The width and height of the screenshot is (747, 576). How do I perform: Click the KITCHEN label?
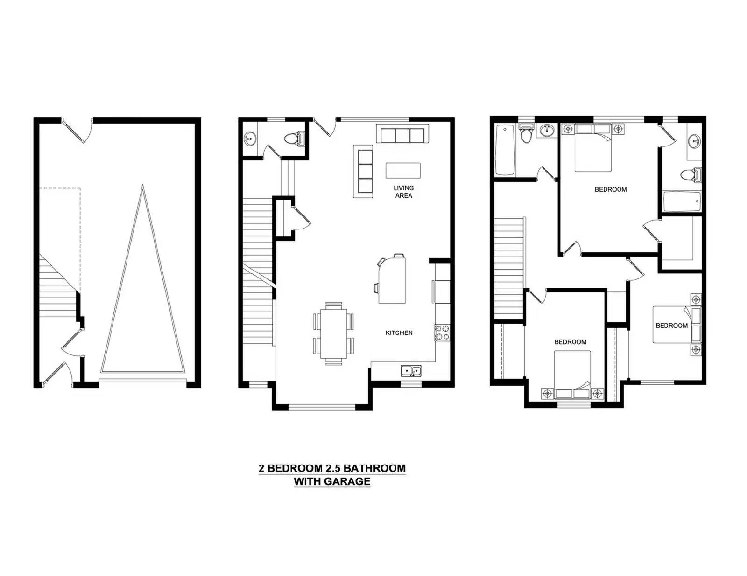point(399,333)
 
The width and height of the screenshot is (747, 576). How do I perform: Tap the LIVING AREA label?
point(403,192)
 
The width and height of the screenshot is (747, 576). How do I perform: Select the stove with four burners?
point(442,333)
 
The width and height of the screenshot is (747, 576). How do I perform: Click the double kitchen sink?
point(411,371)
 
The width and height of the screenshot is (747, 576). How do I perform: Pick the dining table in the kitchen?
point(333,333)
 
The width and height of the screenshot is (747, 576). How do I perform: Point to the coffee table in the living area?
point(403,171)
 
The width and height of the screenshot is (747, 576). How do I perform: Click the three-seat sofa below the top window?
point(402,133)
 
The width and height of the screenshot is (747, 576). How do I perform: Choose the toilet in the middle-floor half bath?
point(295,139)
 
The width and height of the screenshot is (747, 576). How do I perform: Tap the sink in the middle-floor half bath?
point(250,139)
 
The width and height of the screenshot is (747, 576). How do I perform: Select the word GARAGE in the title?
point(347,481)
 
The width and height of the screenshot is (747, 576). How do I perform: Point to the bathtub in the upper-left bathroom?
point(505,150)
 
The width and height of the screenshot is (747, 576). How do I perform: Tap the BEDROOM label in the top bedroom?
point(611,189)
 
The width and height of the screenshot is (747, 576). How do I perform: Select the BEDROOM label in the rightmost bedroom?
point(672,326)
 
